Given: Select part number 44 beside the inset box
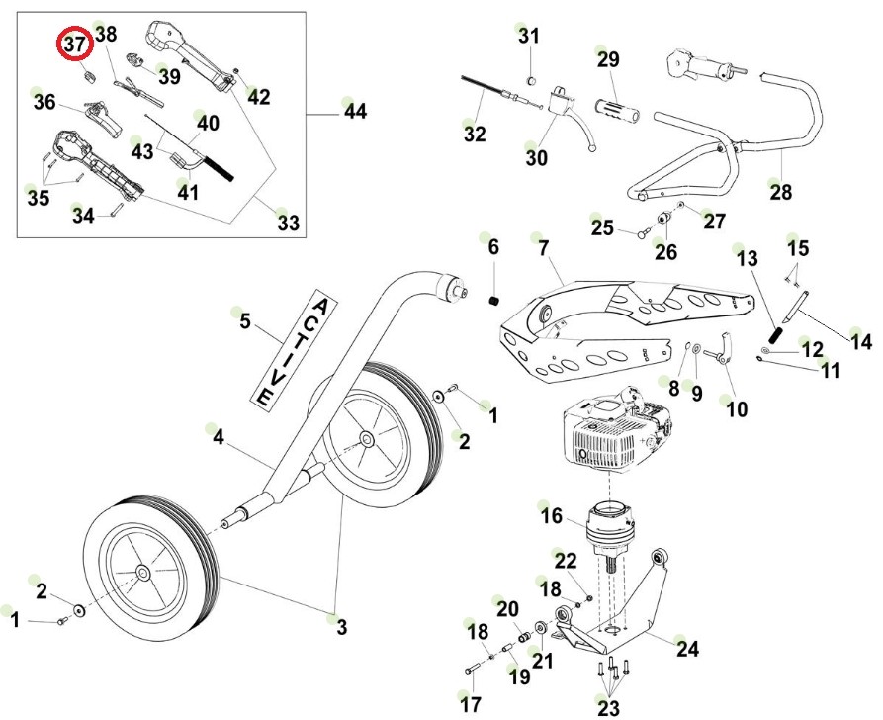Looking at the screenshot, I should pos(355,112).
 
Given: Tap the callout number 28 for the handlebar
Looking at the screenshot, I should pos(781,193).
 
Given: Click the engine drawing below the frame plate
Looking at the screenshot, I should pos(613,431).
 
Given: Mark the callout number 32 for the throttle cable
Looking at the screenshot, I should pos(475,134).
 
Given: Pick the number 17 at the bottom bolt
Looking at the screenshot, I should pos(471,704).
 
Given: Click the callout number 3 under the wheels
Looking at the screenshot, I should pos(342,626).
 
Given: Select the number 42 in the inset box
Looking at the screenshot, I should pos(258,96).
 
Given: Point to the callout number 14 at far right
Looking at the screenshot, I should pos(861,342).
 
